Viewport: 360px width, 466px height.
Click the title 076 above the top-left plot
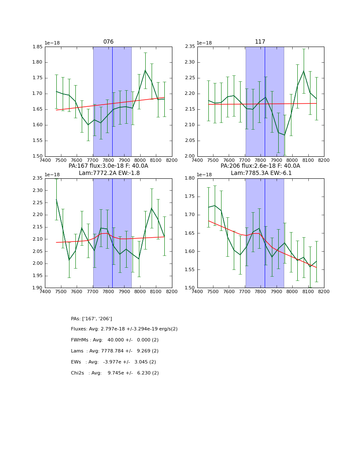tap(108, 42)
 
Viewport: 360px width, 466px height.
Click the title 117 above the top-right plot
tap(260, 42)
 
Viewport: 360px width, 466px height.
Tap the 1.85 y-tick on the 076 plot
tap(38, 47)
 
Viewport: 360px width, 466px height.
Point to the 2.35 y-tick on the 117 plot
tap(190, 47)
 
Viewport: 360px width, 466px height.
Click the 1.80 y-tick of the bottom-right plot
tap(190, 178)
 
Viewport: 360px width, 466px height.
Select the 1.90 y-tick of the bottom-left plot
tap(38, 288)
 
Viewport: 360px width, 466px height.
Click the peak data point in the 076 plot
tap(145, 70)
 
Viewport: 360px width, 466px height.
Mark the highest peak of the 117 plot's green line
tap(304, 71)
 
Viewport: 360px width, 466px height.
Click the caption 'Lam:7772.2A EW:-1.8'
tap(109, 173)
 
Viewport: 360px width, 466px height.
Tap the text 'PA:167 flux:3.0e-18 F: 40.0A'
tap(108, 166)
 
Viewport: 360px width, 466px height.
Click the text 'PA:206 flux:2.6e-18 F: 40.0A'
tap(260, 166)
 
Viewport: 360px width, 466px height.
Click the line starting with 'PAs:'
tap(91, 319)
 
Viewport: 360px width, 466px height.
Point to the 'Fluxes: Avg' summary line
tap(124, 329)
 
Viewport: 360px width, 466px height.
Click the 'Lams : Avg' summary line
tap(115, 351)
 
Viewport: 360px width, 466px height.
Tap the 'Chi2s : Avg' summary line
tap(115, 373)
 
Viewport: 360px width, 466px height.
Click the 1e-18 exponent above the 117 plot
tap(204, 43)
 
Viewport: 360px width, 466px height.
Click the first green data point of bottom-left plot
tap(56, 200)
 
